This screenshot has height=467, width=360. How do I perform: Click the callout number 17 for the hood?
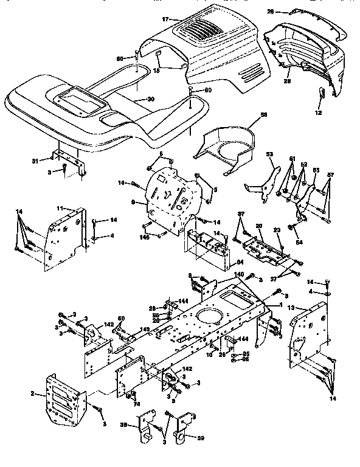[x=165, y=20]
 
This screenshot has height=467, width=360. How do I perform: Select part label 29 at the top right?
[x=270, y=12]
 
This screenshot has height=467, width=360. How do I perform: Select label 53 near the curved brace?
[x=269, y=155]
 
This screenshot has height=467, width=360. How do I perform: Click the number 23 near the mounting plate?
[x=277, y=230]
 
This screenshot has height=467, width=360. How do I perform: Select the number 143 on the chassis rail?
[x=145, y=330]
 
